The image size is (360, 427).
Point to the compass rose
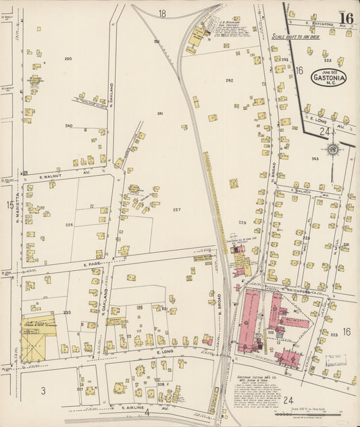pos(333,149)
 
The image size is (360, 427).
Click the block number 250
pos(68,59)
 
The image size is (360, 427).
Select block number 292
pos(229,80)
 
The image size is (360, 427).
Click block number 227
pos(176,209)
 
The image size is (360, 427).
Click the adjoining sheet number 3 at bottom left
pos(43,390)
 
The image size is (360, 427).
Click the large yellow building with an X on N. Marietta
pos(34,338)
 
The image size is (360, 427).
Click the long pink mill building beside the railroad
pos(249,318)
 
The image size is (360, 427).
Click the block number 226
pos(69,224)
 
